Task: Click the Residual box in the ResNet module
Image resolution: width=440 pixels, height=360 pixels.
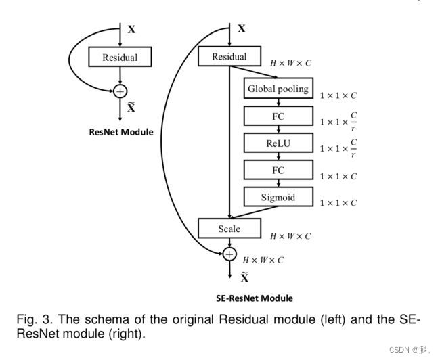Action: [120, 57]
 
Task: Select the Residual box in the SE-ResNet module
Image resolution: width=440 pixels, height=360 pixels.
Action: [229, 57]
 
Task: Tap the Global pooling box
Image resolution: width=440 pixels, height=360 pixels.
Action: [278, 89]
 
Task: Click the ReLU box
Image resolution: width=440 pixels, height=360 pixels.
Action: [278, 143]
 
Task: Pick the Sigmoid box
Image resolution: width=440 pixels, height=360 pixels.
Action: [278, 198]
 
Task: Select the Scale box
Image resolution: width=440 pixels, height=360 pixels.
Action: [229, 229]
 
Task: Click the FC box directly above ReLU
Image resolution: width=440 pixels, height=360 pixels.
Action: [278, 116]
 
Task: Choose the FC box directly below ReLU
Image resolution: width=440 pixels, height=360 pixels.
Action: [278, 171]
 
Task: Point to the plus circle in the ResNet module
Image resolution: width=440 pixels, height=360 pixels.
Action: [120, 90]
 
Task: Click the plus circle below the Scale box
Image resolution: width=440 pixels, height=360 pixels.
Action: [229, 254]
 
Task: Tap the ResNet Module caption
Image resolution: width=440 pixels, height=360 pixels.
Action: [121, 132]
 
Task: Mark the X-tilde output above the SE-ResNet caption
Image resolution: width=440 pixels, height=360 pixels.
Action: [244, 276]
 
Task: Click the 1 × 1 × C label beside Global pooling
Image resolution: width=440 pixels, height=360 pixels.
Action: [338, 95]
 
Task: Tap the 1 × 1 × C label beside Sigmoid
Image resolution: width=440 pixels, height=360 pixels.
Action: [338, 203]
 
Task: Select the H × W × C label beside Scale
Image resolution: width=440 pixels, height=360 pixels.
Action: [290, 236]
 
